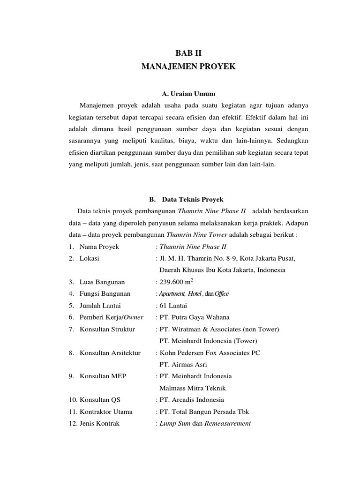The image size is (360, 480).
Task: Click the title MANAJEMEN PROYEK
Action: [188, 67]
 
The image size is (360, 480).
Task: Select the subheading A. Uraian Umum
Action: [188, 94]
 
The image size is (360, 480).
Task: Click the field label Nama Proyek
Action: [99, 247]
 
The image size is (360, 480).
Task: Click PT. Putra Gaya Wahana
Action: [195, 317]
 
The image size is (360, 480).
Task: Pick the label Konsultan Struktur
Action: [107, 329]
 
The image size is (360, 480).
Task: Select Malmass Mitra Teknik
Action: [193, 388]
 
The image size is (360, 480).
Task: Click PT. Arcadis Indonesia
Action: [192, 400]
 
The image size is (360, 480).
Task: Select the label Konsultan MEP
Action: [103, 376]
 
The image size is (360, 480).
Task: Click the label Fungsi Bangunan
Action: [105, 293]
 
